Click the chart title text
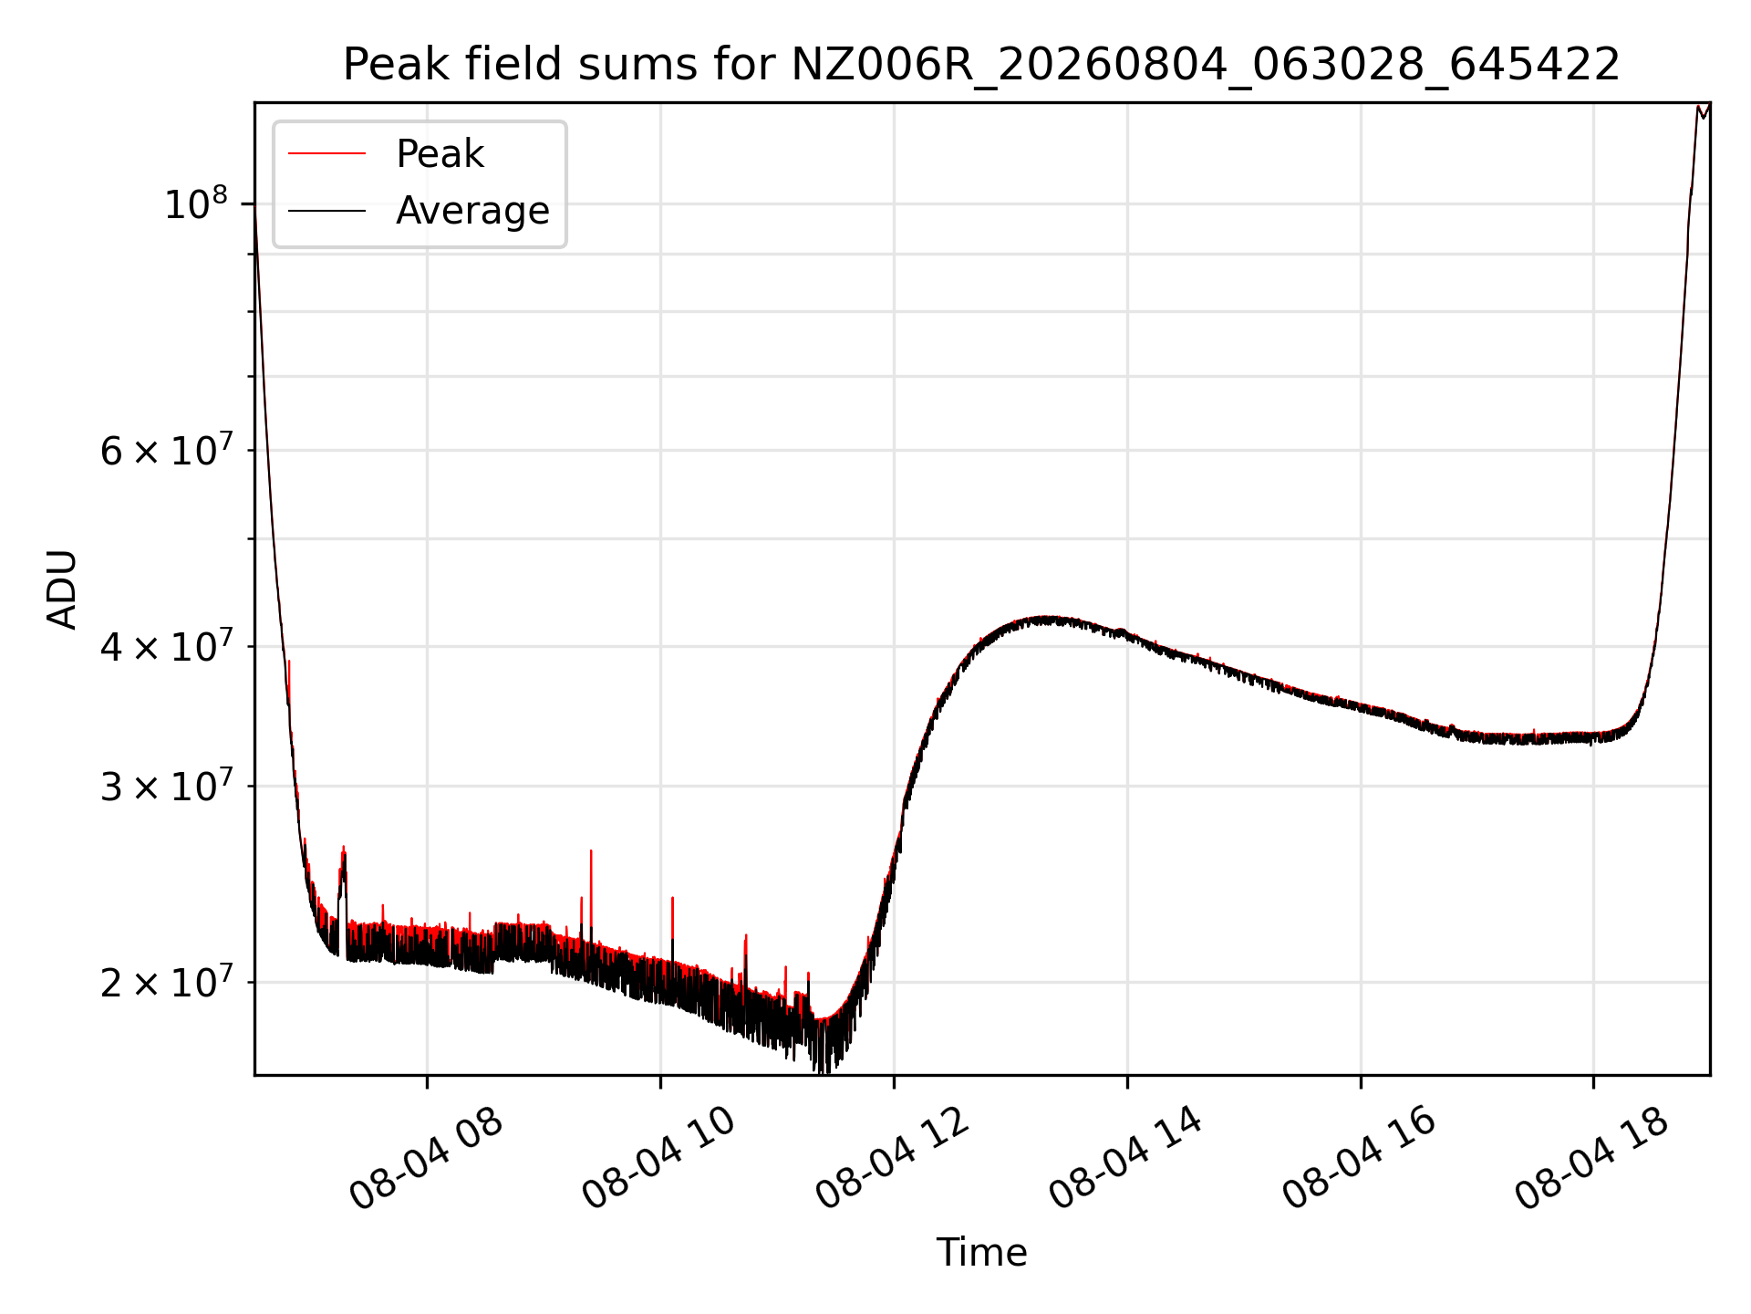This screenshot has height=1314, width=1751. coord(981,65)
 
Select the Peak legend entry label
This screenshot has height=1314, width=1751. coord(440,154)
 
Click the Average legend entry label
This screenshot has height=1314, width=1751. coord(472,211)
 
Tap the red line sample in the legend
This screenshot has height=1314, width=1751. coord(326,154)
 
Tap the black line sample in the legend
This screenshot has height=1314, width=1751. coord(326,211)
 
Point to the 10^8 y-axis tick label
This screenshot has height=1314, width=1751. coord(195,205)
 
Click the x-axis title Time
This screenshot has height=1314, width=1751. coord(981,1253)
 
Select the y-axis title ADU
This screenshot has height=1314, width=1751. coord(62,589)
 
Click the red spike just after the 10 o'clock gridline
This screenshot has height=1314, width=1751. coord(672,926)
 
